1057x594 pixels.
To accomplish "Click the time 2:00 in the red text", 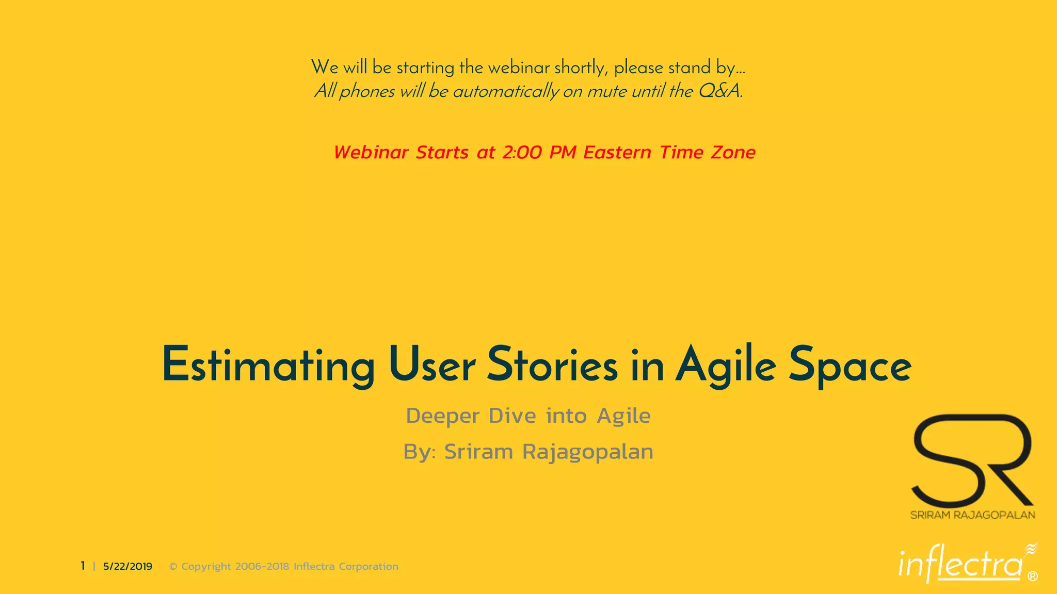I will coord(522,153).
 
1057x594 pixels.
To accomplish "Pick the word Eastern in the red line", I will coord(617,153).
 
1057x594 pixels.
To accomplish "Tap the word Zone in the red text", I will coord(733,153).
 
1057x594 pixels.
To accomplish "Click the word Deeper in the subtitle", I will coord(443,416).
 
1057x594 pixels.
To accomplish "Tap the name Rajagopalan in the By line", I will coord(587,452).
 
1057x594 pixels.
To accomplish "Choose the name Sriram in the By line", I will coord(478,452).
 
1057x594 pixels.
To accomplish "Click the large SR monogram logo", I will coord(972,459).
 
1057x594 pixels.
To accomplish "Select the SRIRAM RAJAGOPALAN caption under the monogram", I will coord(972,515).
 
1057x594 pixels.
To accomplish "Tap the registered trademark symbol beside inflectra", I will coord(1032,576).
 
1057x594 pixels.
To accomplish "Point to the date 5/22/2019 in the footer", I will coord(127,566).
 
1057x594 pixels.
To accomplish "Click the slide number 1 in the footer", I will coord(83,566).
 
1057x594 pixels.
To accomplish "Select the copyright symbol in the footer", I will coord(173,567).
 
